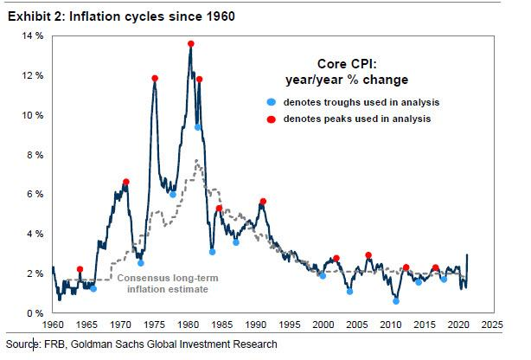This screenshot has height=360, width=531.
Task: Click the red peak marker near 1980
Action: point(190,44)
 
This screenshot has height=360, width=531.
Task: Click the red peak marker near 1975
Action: point(155,79)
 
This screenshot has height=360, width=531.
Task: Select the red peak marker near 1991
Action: point(262,202)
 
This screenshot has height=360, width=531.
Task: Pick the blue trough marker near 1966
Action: point(93,288)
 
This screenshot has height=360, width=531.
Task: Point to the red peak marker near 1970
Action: point(126,182)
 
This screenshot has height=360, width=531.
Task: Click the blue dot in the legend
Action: point(270,102)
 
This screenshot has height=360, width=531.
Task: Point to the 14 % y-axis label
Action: point(32,35)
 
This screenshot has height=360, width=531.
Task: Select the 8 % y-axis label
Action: point(35,155)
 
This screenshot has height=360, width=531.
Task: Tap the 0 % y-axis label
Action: point(35,313)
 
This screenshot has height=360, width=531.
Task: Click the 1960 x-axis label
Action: point(52,325)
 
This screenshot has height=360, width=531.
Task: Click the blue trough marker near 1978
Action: point(173,195)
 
